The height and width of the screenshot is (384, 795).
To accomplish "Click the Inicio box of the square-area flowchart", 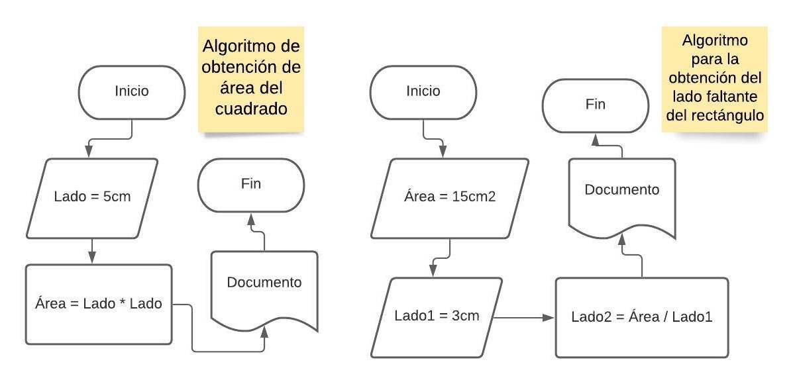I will click(131, 91).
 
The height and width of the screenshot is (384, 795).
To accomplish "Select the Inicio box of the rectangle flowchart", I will click(422, 91).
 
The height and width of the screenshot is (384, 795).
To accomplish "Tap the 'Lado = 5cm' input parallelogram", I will click(91, 197).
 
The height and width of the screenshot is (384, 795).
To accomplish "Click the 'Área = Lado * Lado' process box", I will click(98, 305).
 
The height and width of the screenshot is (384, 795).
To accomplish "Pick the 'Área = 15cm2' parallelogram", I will click(449, 197).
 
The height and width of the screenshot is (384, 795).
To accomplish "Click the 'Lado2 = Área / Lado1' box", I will click(641, 317).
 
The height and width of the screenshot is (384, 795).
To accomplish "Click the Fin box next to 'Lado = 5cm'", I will click(250, 184).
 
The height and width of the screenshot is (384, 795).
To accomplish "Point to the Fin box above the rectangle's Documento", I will click(595, 104).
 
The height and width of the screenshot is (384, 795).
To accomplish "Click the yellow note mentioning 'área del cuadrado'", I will click(251, 79).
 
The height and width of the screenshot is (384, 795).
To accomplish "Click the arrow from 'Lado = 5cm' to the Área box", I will click(91, 252).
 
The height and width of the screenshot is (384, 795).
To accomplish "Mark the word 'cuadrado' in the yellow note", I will click(251, 109).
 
